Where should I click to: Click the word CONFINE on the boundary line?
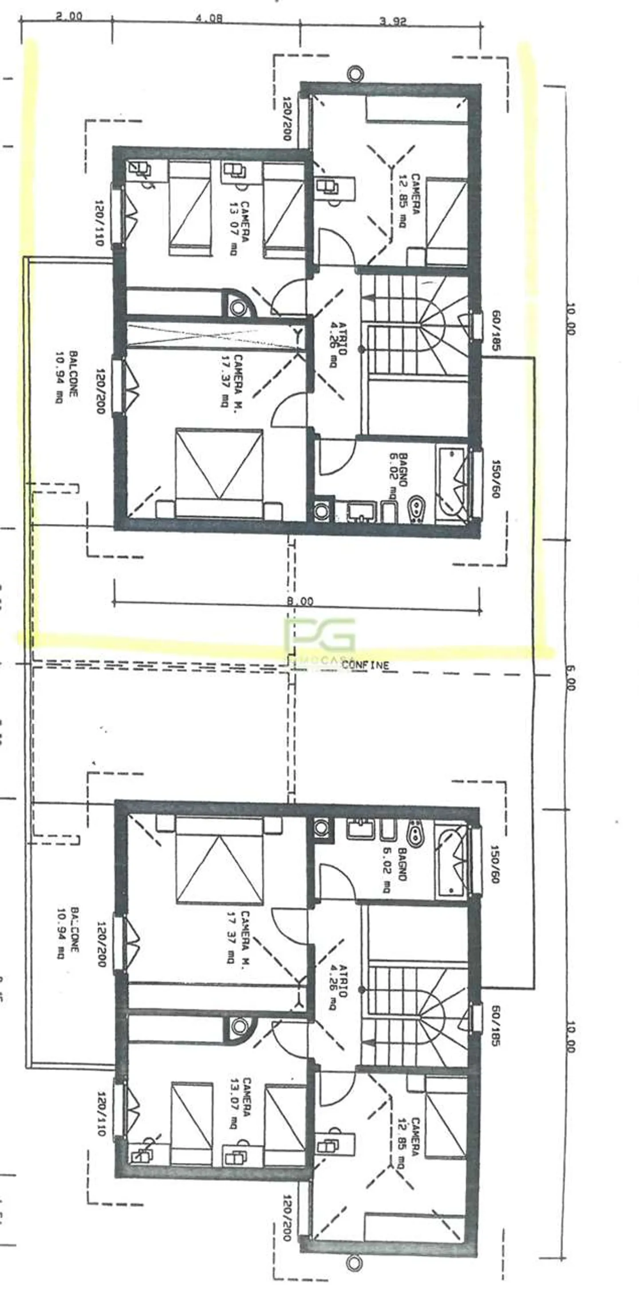click(366, 665)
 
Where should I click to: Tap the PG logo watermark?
click(320, 635)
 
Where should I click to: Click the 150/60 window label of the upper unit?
click(495, 479)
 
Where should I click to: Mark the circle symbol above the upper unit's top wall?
click(355, 74)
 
